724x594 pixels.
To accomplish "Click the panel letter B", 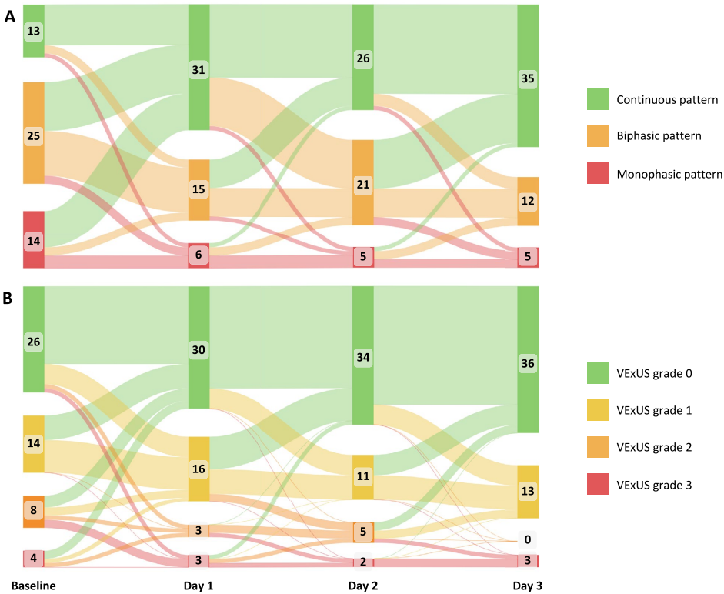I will pos(10,297).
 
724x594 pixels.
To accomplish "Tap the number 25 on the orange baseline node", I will pos(33,135).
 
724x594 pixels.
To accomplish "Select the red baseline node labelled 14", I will pos(33,240).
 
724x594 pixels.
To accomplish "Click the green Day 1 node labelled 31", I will pos(199,69).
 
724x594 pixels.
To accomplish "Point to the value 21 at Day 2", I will pos(363,184).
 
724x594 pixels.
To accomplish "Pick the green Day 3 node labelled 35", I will pos(528,78).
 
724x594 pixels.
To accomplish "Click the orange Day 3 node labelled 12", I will pos(528,201).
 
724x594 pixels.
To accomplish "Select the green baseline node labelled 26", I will pos(33,340).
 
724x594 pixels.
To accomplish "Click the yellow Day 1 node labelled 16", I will pos(199,469).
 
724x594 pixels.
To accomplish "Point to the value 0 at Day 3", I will pos(528,540).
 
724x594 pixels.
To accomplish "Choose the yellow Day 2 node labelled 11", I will pos(363,476).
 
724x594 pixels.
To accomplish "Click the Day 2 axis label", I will pos(363,586).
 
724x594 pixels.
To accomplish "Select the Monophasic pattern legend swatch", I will pos(597,174).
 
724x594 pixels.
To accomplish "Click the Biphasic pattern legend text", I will pos(659,136).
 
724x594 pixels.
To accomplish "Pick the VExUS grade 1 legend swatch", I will pos(597,410).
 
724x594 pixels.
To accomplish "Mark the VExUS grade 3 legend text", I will pos(655,484).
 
